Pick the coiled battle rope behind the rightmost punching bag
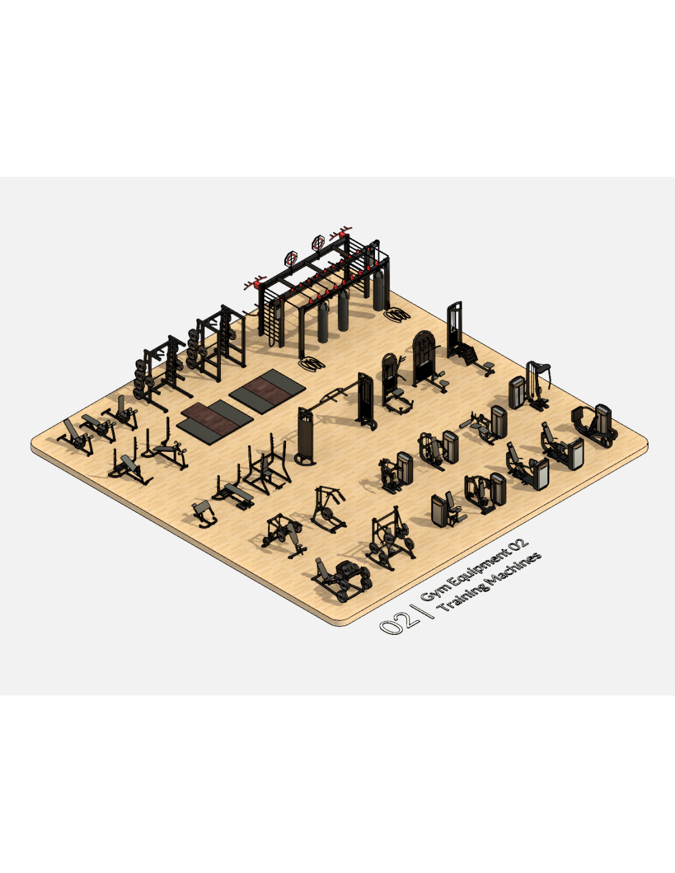(398, 314)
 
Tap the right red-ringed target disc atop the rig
(318, 243)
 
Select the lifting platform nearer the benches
(215, 422)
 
